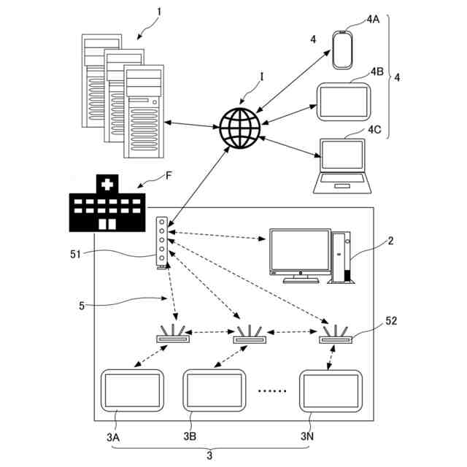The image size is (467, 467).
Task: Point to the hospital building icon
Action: click(x=107, y=204)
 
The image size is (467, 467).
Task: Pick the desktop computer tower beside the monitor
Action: click(x=341, y=257)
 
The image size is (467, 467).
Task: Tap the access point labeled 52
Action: click(x=336, y=336)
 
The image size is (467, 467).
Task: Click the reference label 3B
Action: click(x=190, y=437)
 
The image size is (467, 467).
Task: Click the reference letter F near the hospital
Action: click(x=169, y=176)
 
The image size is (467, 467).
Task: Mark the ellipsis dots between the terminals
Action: click(x=272, y=390)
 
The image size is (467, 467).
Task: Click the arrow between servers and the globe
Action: click(x=192, y=124)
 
